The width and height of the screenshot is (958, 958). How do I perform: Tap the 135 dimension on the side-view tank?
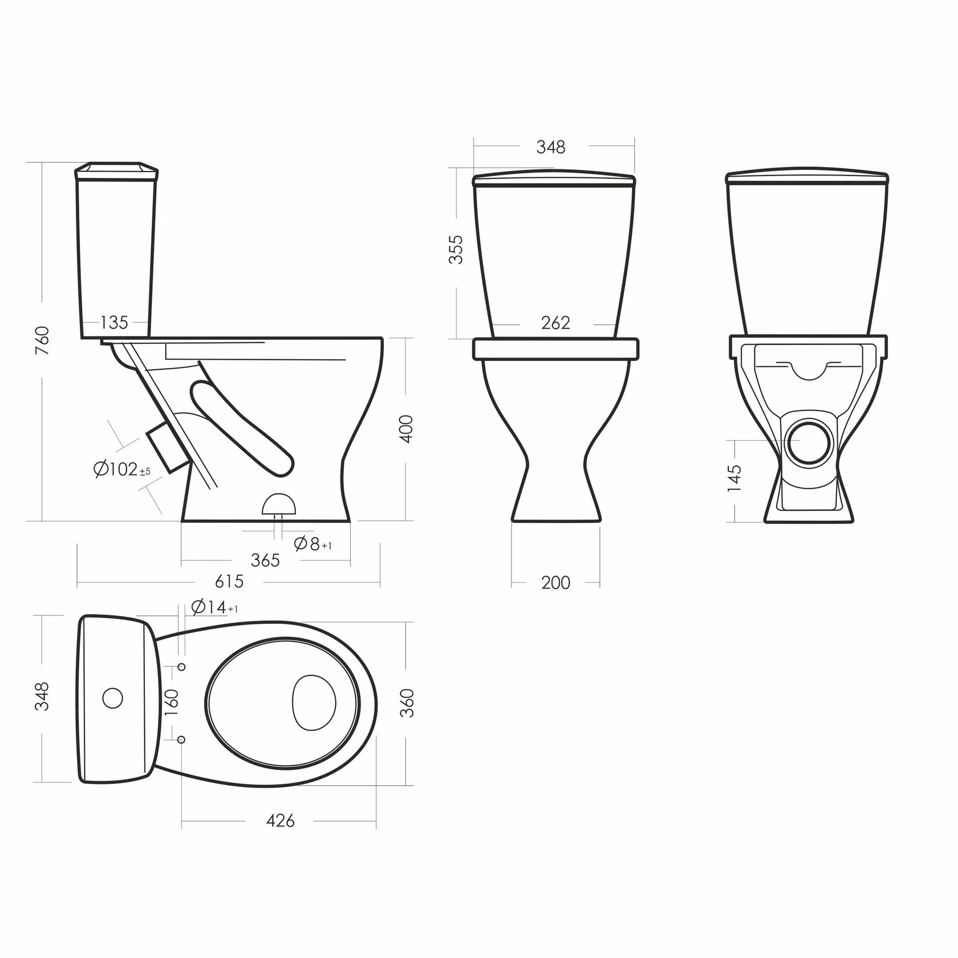pyautogui.click(x=114, y=323)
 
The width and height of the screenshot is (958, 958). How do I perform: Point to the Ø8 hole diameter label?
pyautogui.click(x=312, y=544)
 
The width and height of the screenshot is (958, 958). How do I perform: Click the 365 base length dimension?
pyautogui.click(x=265, y=560)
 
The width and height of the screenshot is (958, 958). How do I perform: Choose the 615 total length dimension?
pyautogui.click(x=229, y=582)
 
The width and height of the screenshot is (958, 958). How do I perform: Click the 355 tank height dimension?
pyautogui.click(x=456, y=249)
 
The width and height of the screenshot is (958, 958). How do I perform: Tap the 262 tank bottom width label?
pyautogui.click(x=555, y=323)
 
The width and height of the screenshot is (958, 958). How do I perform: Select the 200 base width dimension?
pyautogui.click(x=555, y=583)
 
